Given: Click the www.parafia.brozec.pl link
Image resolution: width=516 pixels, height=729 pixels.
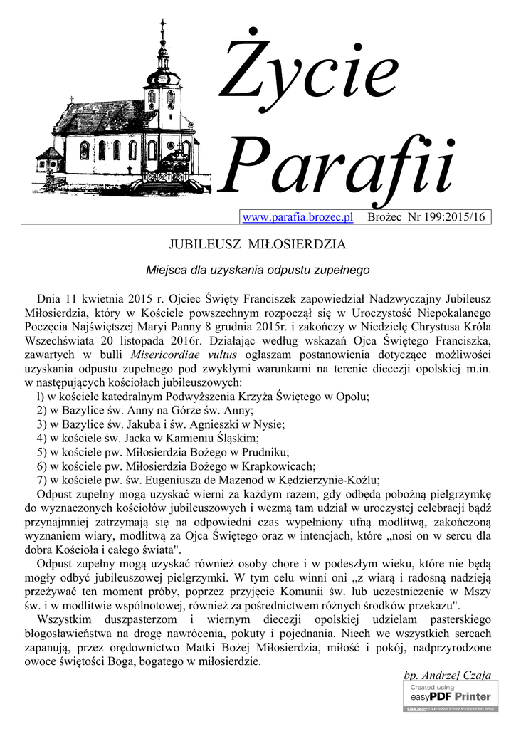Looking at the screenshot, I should click(x=298, y=216).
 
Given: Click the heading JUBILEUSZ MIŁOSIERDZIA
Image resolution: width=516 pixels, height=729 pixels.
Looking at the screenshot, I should click(x=257, y=245).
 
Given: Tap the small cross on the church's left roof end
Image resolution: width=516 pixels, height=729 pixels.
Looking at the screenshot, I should click(x=72, y=100).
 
